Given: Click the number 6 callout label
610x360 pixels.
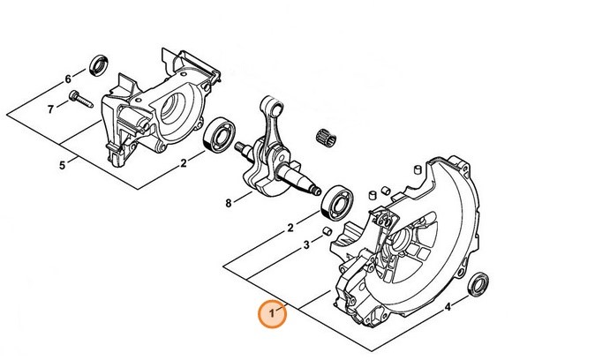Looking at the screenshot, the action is click(68, 79).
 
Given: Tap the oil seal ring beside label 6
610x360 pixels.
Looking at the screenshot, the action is click(99, 65).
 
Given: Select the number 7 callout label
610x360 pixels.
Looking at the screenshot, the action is click(50, 109).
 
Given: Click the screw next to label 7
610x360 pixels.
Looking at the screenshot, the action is click(80, 99).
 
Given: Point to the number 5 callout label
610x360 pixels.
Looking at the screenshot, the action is click(63, 165).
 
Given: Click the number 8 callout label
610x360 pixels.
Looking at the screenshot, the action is click(229, 203).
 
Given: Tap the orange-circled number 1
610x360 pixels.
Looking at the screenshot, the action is click(272, 313).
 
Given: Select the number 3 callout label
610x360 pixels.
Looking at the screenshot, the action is click(306, 245).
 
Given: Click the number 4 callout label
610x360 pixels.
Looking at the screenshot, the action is click(448, 307).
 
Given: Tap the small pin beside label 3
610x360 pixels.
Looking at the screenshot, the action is click(327, 230).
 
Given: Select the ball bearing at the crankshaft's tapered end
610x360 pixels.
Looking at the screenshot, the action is click(338, 203).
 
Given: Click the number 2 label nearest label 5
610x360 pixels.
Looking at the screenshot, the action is click(184, 163).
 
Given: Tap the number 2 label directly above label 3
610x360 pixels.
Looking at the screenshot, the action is click(290, 228).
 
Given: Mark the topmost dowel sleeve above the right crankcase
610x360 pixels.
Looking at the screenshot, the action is click(418, 170).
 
